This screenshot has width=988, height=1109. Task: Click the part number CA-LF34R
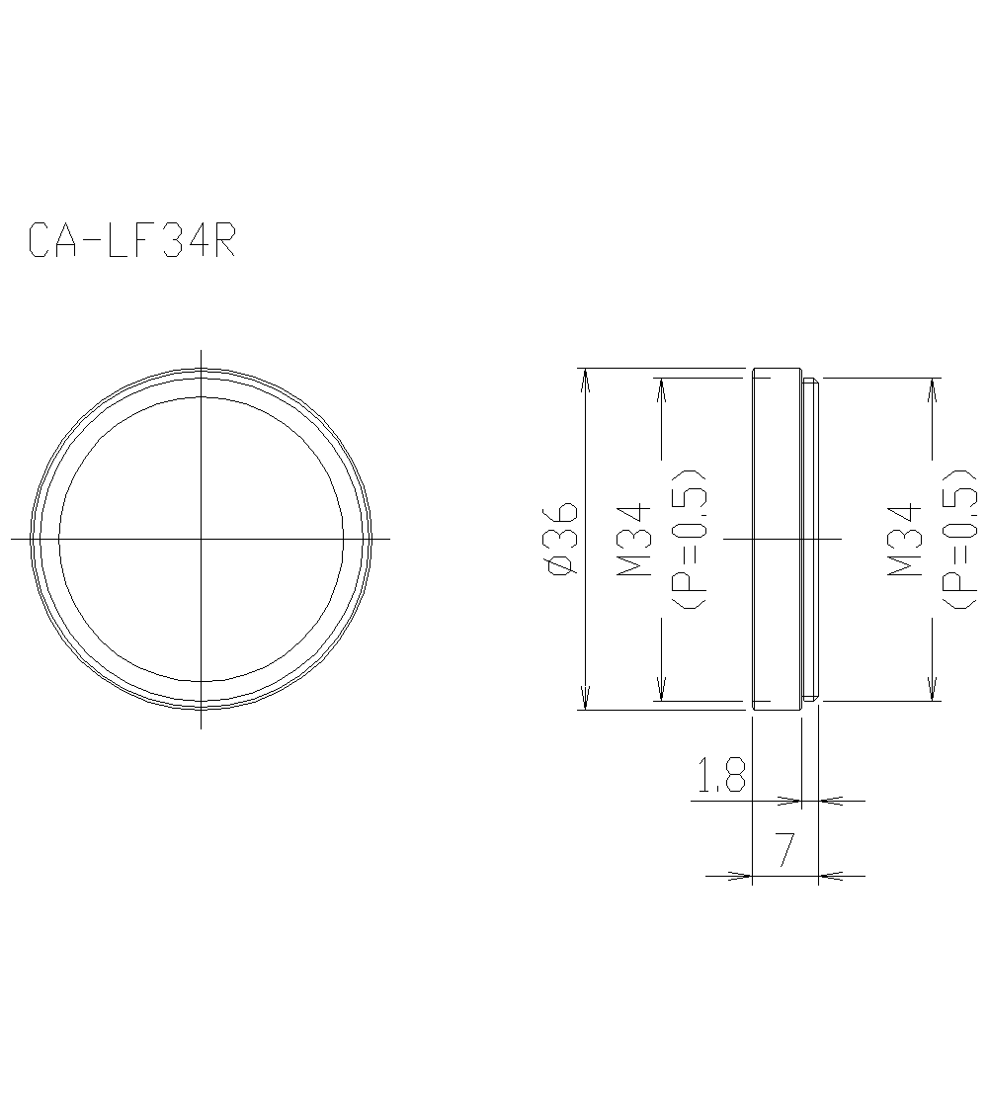tap(131, 241)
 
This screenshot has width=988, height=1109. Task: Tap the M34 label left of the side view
tap(633, 540)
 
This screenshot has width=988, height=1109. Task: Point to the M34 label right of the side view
tap(904, 540)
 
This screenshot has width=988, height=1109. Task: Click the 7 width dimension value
tap(784, 850)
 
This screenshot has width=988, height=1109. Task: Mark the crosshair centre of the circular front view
tap(202, 539)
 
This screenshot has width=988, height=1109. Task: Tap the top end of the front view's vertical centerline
tap(202, 350)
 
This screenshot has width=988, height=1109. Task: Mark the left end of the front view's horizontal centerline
tap(12, 539)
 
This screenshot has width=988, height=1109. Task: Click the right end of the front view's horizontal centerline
tap(389, 539)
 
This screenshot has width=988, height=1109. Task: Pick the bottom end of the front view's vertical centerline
tap(202, 727)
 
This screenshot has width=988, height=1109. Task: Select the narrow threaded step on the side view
tap(810, 540)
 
